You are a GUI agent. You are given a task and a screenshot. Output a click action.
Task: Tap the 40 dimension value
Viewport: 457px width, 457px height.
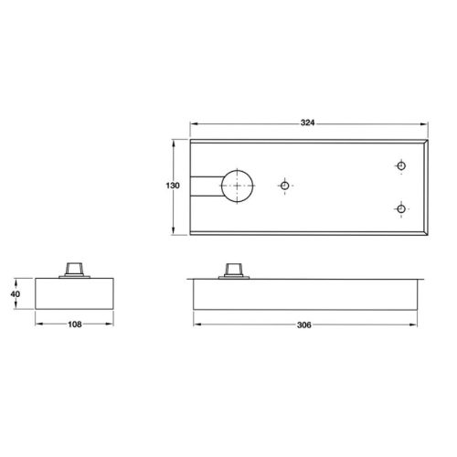tap(14, 294)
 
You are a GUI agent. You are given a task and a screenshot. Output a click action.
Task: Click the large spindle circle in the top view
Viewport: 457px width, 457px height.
tap(238, 186)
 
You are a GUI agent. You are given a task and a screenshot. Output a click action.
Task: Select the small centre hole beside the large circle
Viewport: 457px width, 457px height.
tap(285, 186)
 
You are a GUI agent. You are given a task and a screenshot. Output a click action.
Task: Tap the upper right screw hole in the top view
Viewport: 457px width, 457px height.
tap(399, 165)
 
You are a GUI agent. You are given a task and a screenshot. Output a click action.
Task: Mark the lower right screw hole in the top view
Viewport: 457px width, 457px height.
tap(399, 209)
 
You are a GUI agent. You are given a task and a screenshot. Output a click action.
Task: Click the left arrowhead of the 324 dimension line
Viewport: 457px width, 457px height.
tap(193, 127)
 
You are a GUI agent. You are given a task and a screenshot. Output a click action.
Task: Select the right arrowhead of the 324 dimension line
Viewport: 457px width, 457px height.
tap(423, 127)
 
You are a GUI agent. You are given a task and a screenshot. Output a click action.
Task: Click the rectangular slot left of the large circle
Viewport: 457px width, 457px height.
tap(203, 186)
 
